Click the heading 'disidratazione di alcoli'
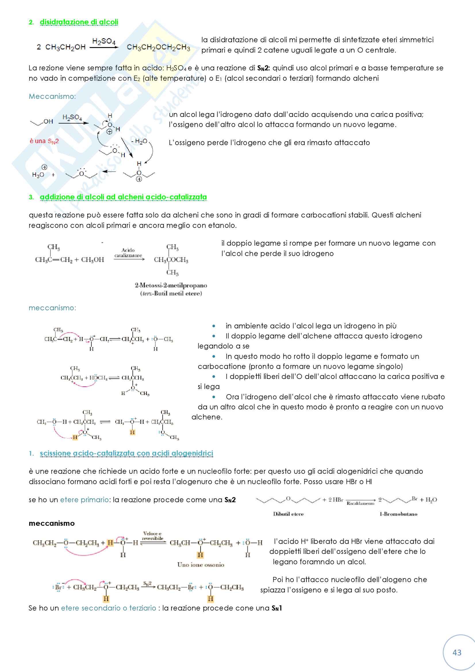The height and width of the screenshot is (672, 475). coord(79,22)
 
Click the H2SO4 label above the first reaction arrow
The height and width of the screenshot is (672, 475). coord(104,41)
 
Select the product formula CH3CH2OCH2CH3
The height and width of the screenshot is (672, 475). coord(158,47)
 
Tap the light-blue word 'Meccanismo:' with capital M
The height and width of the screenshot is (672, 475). coord(52,96)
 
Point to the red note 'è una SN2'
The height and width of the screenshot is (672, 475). coord(44,141)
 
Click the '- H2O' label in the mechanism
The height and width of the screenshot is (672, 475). coord(139,142)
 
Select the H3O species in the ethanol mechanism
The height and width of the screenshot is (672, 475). coord(38,175)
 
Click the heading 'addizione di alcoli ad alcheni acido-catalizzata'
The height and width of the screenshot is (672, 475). coord(123,197)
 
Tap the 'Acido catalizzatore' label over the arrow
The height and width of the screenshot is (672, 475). coord(128,253)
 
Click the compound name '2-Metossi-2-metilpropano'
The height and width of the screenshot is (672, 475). coord(171,285)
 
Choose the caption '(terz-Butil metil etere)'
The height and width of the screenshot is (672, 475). coord(171,293)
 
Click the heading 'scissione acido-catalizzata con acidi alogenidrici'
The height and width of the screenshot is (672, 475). coord(126,453)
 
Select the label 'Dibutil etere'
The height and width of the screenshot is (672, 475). coord(288,514)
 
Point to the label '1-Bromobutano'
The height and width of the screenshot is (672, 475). coord(398,514)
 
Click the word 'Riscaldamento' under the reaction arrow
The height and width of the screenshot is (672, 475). coord(360,503)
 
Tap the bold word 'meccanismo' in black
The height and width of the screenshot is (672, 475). coord(51,523)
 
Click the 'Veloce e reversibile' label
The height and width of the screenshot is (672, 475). coord(152,536)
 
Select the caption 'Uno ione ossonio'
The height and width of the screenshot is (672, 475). coord(201,565)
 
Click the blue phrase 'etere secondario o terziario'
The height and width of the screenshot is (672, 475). coord(108,608)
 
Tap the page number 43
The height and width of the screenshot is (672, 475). coord(457,652)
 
